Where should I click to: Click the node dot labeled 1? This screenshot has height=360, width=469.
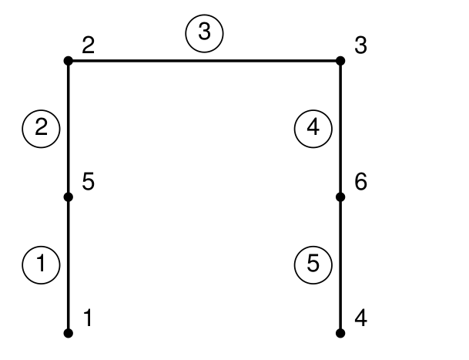pos(68,333)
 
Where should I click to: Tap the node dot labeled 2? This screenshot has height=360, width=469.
pos(68,60)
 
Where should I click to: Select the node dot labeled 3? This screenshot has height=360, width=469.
pos(340,60)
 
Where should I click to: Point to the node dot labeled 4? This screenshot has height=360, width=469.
pos(340,333)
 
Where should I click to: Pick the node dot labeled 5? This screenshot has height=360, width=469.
pos(68,197)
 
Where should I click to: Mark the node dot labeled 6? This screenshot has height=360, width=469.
pos(340,197)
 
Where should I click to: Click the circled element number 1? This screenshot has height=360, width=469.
pos(42,264)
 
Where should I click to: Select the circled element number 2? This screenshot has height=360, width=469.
pos(42,128)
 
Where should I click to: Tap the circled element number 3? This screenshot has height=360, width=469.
pos(204,34)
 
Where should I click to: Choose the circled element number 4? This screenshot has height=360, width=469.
pos(313,128)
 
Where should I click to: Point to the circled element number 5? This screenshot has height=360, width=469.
pos(313,264)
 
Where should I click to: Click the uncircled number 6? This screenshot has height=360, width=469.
pos(361,183)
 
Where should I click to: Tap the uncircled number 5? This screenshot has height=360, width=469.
pos(89,183)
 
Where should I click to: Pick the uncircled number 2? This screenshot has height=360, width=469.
pos(89,46)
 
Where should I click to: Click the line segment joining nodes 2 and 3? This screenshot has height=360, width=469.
pos(204,60)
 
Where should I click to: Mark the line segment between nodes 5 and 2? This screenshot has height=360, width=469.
pos(68,128)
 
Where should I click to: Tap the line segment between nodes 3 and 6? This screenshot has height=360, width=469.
pos(340,128)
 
